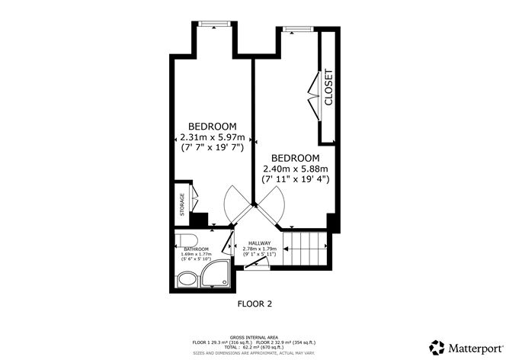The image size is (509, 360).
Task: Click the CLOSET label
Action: point(329,87)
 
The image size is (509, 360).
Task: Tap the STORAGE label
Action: point(181,204)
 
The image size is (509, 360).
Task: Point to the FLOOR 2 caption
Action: point(254,304)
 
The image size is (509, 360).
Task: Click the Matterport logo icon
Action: point(437,346)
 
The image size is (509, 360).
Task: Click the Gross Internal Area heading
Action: point(254,335)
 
